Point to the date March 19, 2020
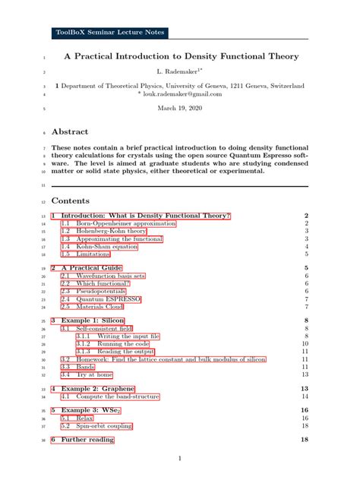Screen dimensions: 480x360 180,109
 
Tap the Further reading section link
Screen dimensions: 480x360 87,440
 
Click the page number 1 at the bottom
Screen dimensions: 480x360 180,459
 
